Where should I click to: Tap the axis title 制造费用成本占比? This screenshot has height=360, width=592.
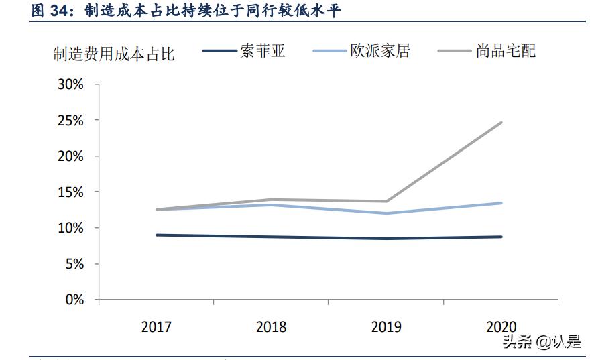click(114, 54)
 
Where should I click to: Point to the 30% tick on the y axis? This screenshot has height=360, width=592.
click(70, 85)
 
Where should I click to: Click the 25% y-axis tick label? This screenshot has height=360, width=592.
click(70, 121)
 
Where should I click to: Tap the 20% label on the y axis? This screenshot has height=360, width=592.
click(70, 156)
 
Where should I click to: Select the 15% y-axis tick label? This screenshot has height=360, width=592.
click(70, 192)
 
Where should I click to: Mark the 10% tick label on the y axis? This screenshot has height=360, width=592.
click(70, 228)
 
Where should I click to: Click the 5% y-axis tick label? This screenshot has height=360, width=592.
click(73, 264)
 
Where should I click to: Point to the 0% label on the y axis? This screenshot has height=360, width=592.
click(73, 300)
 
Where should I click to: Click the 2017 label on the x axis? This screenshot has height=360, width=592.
click(156, 327)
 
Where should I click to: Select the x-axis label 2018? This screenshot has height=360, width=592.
click(271, 327)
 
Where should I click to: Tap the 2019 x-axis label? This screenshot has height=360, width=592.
click(386, 327)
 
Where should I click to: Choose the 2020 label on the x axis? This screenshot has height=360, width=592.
click(501, 327)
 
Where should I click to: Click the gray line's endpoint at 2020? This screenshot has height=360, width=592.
click(501, 123)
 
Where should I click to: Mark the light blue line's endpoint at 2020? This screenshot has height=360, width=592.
click(501, 203)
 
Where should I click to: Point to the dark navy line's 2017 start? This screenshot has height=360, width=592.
click(156, 235)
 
